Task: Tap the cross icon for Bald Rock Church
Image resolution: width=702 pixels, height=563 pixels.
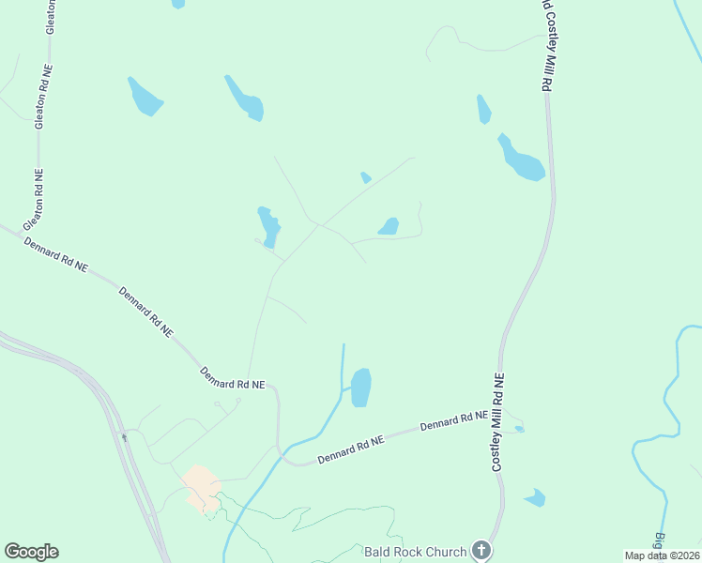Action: click(x=481, y=550)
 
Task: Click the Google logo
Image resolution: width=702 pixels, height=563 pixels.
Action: click(x=31, y=552)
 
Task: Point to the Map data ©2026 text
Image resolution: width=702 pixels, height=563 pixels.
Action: click(x=662, y=555)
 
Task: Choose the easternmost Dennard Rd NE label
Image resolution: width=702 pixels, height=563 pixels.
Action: click(x=455, y=420)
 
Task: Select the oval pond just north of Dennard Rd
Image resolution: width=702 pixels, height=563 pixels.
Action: click(x=360, y=387)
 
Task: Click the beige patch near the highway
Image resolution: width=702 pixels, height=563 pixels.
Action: click(x=200, y=486)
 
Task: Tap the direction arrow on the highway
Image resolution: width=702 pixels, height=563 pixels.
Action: click(x=123, y=436)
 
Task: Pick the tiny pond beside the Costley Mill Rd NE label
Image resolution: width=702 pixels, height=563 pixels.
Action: click(x=520, y=429)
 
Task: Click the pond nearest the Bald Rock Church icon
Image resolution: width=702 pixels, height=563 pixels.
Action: click(x=536, y=497)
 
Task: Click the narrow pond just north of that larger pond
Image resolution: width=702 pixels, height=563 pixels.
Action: click(x=483, y=110)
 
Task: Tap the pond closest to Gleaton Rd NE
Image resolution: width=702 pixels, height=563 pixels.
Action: click(x=145, y=96)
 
